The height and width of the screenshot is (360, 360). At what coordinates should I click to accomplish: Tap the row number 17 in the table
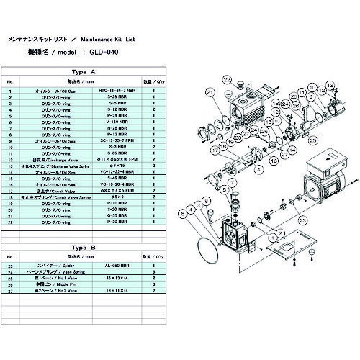(x=9, y=189)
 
